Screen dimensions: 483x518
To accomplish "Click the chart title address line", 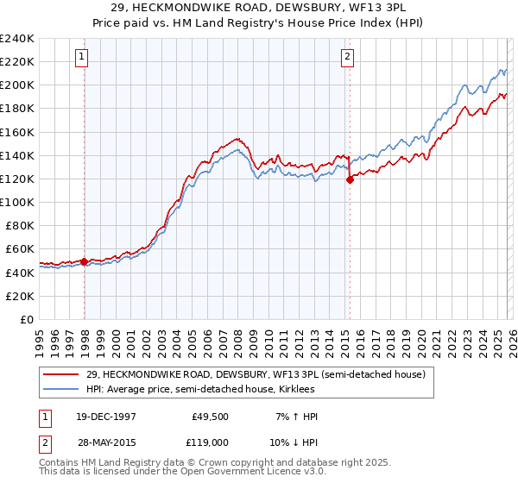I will click(259, 8).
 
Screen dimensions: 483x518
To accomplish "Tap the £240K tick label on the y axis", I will click(17, 39).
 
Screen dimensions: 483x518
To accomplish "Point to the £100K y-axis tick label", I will click(17, 202).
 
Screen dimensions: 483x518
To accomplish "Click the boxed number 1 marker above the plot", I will click(81, 58).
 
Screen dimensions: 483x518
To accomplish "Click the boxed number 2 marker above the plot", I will click(347, 58).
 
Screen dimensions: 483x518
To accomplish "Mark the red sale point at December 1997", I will click(84, 260).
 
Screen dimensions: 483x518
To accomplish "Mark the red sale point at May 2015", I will click(350, 180).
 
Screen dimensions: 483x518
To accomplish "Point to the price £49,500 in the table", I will click(210, 417).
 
